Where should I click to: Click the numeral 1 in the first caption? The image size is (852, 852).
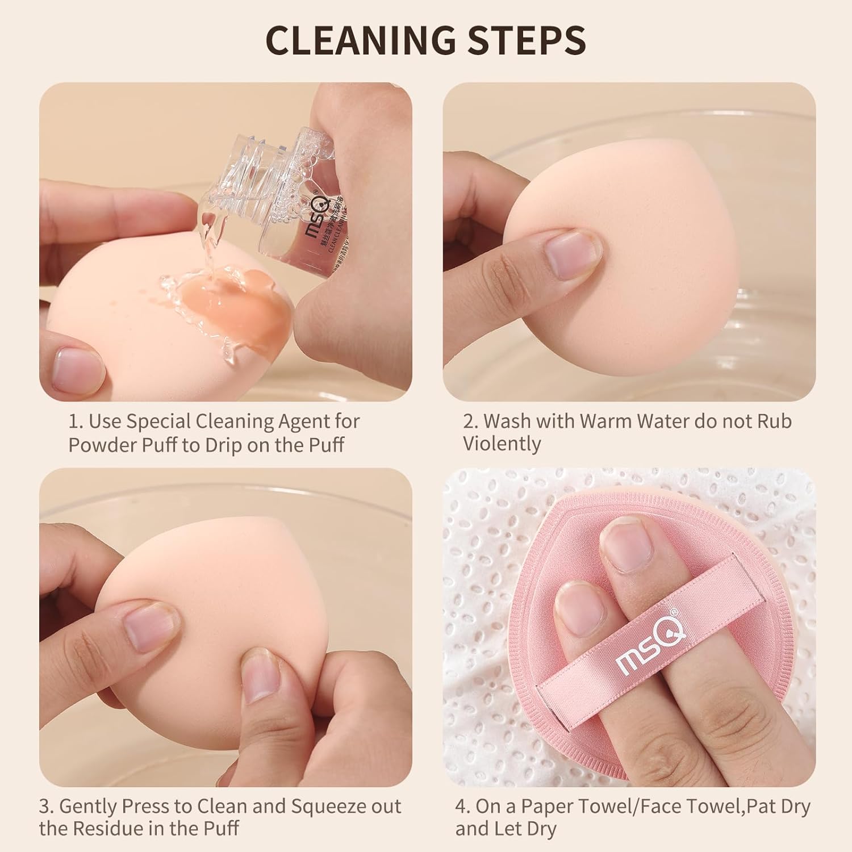73,421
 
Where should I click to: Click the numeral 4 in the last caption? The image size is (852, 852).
461,806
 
